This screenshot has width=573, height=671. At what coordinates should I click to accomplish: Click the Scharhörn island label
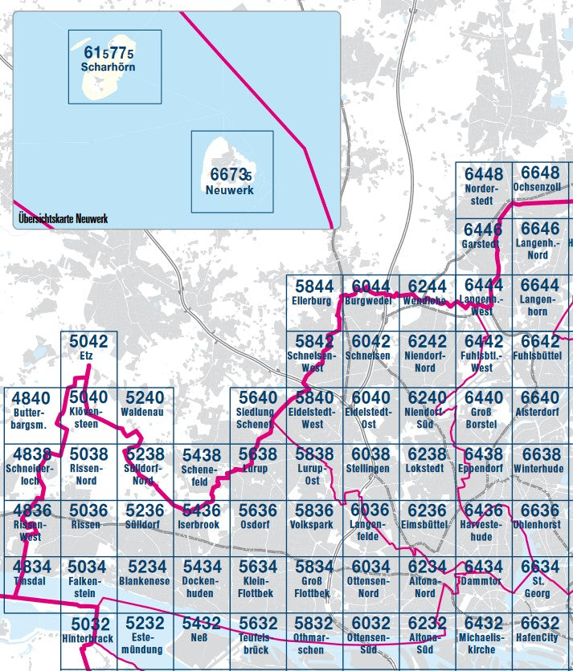[108, 67]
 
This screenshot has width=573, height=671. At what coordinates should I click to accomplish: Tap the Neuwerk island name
[229, 190]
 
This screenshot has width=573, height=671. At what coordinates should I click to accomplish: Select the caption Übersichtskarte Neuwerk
[63, 218]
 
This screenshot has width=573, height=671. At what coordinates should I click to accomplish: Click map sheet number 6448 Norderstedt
[483, 174]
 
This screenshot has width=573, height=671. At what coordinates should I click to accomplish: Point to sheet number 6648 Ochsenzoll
[540, 173]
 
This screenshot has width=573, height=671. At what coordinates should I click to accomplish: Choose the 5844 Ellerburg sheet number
[313, 286]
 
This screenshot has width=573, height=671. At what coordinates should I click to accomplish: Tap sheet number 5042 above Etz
[88, 341]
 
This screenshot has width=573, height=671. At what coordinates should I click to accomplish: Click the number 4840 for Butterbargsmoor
[31, 398]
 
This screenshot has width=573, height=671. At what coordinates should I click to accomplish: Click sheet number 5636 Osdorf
[258, 510]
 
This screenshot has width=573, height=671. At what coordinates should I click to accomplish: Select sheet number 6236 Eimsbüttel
[427, 510]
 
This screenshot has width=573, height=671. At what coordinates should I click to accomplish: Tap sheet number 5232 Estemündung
[145, 623]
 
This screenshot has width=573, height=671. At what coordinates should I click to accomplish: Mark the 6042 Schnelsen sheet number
[371, 341]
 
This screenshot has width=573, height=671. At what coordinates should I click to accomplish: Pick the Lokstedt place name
[426, 468]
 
